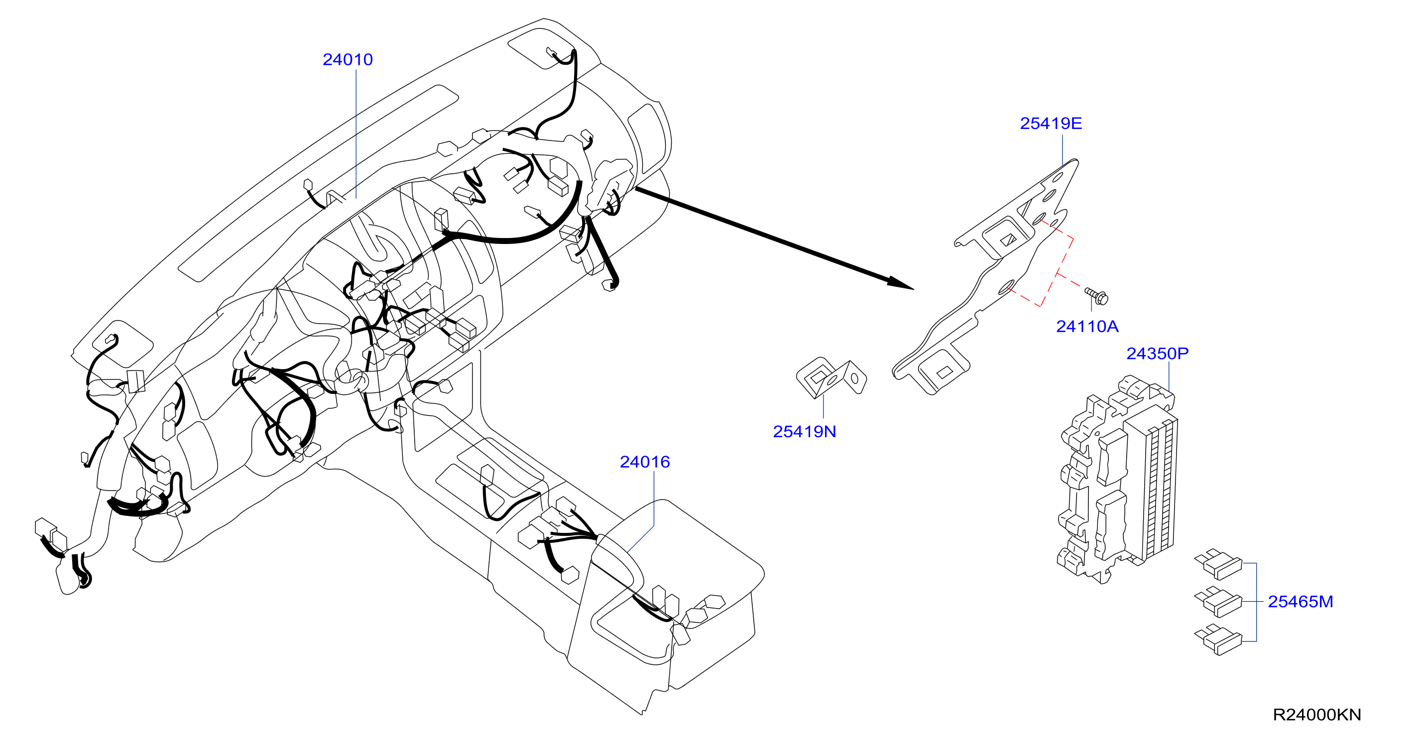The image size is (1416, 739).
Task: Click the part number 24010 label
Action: click(348, 59)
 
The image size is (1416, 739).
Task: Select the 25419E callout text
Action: click(1051, 123)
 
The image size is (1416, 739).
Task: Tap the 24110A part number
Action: click(1087, 326)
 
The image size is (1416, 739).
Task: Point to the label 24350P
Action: click(1157, 353)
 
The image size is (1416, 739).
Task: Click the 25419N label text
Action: click(804, 431)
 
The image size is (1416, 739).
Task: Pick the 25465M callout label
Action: click(1300, 601)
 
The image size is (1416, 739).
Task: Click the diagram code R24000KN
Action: click(1316, 714)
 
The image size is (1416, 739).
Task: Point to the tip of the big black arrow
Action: click(914, 289)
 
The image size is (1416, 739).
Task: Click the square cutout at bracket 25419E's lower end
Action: click(944, 372)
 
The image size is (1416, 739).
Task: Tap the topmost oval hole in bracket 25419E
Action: click(1057, 178)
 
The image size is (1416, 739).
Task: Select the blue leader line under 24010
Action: click(356, 133)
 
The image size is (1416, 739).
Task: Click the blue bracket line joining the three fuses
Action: click(1256, 602)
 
